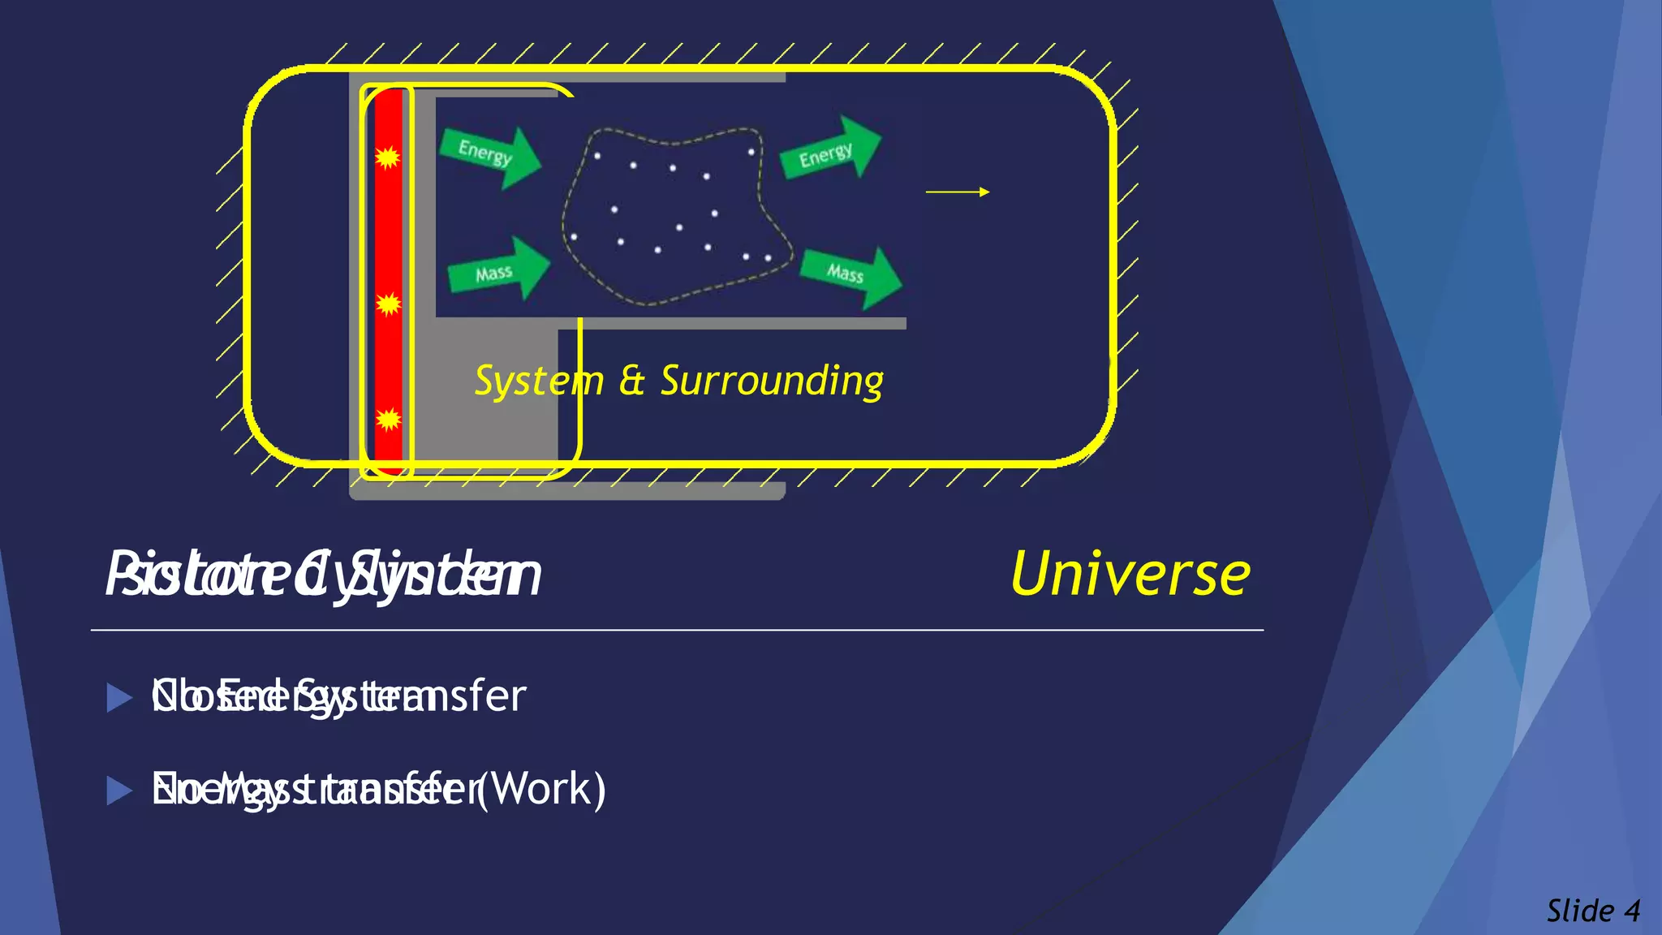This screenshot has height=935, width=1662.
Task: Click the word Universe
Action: click(x=1130, y=574)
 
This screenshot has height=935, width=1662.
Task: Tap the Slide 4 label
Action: click(x=1593, y=911)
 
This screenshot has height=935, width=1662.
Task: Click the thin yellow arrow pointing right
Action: click(x=958, y=192)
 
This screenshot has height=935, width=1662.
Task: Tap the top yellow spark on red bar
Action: click(x=388, y=157)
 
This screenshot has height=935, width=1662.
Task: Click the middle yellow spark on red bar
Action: click(x=389, y=304)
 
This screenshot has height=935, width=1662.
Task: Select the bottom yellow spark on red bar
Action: click(x=389, y=419)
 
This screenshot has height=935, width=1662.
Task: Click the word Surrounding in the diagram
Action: click(x=771, y=381)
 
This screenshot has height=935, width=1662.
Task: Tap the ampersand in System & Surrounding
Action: click(x=631, y=381)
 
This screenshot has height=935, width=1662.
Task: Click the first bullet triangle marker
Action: click(x=119, y=697)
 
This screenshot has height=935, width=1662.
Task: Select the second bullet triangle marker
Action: click(x=119, y=791)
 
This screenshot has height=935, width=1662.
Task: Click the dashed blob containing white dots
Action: click(x=674, y=215)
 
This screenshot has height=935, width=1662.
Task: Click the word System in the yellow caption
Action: click(x=539, y=381)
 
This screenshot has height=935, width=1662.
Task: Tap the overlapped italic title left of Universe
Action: click(x=323, y=575)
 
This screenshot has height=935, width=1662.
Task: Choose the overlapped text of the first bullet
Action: click(x=338, y=696)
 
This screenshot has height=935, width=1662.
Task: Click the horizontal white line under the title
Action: click(x=677, y=630)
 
